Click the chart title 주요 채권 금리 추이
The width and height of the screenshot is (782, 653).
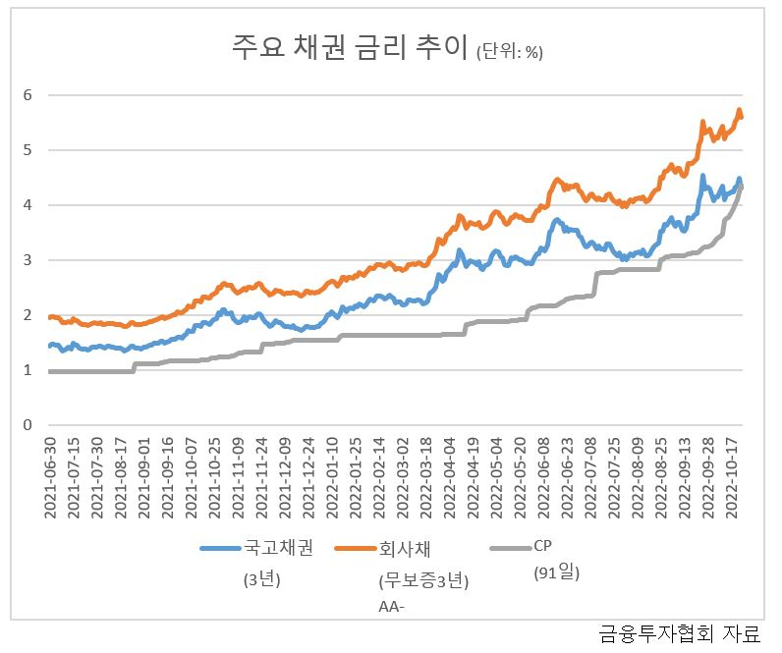click(x=350, y=47)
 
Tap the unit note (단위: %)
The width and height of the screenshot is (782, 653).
click(x=510, y=52)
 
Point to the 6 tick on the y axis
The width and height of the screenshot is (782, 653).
click(x=28, y=94)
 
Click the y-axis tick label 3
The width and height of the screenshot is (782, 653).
click(x=28, y=259)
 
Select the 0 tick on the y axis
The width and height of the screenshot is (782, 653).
click(x=28, y=425)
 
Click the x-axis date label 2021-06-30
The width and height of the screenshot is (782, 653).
click(x=50, y=477)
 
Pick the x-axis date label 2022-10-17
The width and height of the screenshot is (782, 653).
click(x=732, y=477)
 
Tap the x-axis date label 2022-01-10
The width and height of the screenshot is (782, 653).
click(x=332, y=477)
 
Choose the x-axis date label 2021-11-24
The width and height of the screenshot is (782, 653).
click(x=262, y=477)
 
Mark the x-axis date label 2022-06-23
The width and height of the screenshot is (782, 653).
click(x=567, y=477)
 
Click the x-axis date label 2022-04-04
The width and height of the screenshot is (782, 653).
click(x=450, y=477)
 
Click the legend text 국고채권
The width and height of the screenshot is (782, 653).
click(x=278, y=547)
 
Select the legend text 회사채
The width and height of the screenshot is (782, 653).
click(x=405, y=548)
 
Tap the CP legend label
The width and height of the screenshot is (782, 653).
click(x=542, y=546)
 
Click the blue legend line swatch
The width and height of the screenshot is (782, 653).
click(x=220, y=548)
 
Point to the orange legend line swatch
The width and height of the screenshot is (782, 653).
click(x=355, y=548)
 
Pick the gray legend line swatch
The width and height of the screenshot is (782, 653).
click(x=511, y=548)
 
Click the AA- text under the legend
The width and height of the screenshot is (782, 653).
click(x=392, y=607)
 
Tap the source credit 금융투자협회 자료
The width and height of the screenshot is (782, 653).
click(x=680, y=634)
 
